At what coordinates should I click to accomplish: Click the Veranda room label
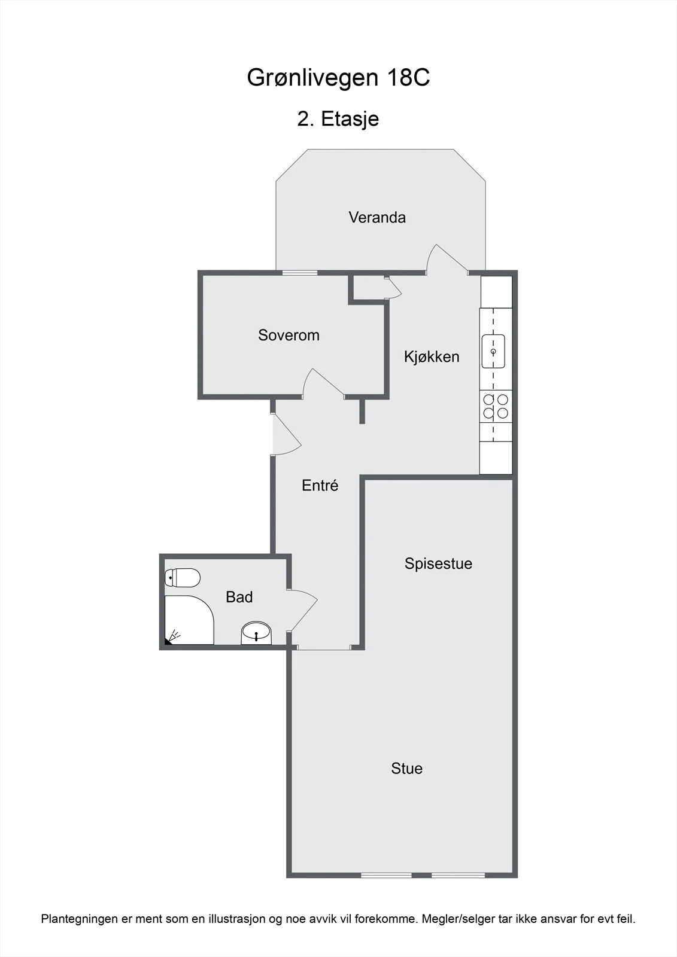tap(377, 218)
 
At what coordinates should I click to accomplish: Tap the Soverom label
tap(289, 335)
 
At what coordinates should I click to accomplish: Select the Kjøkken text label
tap(432, 356)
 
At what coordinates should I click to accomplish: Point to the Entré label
tap(320, 485)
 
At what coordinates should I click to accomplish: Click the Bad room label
tap(239, 597)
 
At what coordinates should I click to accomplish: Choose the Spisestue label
tap(438, 564)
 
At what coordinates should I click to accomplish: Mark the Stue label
tap(406, 769)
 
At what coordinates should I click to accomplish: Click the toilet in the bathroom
tap(183, 578)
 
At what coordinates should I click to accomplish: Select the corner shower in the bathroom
tap(189, 620)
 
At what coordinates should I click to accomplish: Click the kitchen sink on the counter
tap(493, 352)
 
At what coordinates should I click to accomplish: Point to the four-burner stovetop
tap(496, 407)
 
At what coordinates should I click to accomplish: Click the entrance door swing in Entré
tap(287, 434)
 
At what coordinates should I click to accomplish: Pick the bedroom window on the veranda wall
tap(300, 273)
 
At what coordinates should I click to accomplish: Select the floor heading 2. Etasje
tap(338, 119)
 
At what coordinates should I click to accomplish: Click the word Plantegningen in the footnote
tap(80, 919)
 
